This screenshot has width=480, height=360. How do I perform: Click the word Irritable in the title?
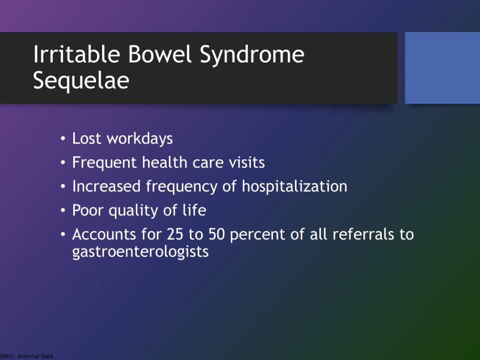77,54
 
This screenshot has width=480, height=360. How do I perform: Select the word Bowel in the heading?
160,54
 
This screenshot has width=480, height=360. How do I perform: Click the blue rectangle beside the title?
442,68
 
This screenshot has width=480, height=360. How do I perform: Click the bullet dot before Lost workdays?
63,138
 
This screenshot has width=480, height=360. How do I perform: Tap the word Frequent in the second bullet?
104,163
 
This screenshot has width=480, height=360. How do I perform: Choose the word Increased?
106,186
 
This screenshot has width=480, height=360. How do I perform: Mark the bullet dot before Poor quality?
63,210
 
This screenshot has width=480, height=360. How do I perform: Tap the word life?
194,210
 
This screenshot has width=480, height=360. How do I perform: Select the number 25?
175,234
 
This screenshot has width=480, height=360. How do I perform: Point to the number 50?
217,234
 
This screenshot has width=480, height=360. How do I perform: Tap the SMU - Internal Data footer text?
27,356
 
